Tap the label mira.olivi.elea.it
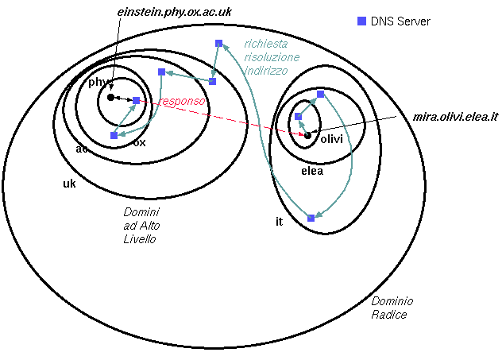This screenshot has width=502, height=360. click(x=454, y=117)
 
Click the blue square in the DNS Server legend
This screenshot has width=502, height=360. click(x=361, y=21)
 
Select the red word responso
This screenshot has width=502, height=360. click(x=182, y=102)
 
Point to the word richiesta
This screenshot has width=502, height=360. click(x=266, y=45)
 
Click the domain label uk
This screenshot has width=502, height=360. click(x=69, y=184)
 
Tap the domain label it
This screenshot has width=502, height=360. click(x=279, y=222)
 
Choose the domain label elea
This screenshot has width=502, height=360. click(x=311, y=171)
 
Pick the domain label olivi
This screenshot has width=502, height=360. click(x=330, y=139)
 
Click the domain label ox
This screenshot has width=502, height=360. click(x=139, y=143)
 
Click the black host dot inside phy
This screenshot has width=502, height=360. click(x=111, y=97)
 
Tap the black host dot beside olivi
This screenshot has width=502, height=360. click(x=308, y=135)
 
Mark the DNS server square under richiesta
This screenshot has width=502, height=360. click(x=218, y=43)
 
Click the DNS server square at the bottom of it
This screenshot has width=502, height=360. click(x=311, y=218)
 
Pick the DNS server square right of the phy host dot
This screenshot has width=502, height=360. click(x=136, y=100)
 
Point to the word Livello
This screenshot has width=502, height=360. click(x=140, y=239)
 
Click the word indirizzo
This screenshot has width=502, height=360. click(x=266, y=71)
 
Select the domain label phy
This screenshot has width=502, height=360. click(x=98, y=82)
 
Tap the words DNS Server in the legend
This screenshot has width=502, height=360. click(x=400, y=21)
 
